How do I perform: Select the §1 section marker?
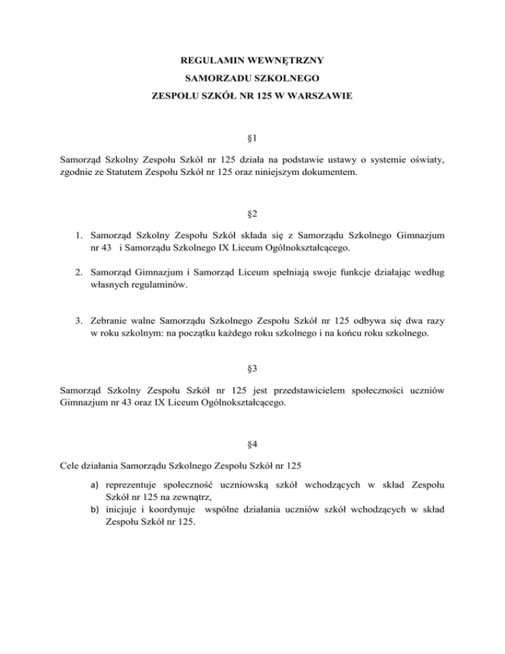pyautogui.click(x=252, y=139)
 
